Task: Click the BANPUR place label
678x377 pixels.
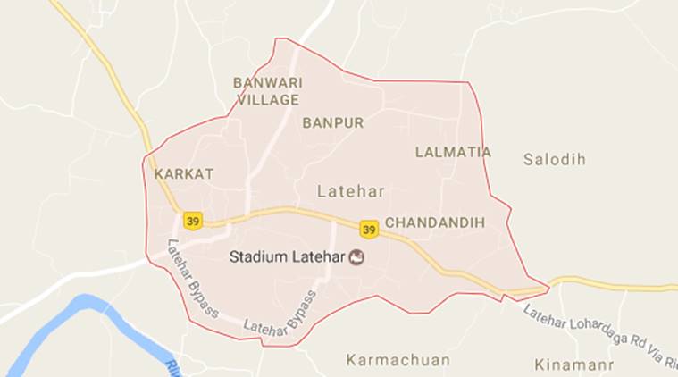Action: coord(332,123)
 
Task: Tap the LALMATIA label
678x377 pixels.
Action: coord(453,152)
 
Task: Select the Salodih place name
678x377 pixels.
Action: coord(554,159)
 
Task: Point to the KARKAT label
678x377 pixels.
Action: coord(183,174)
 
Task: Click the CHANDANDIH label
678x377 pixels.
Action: coord(435,222)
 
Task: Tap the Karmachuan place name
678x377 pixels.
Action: coord(398,360)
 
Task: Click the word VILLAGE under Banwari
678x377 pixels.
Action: coord(267,100)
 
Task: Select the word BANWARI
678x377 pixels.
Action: coord(267,83)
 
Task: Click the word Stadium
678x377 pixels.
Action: coord(258,257)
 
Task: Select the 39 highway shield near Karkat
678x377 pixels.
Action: coord(192,220)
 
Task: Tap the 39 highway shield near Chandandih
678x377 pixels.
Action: coord(369,229)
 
